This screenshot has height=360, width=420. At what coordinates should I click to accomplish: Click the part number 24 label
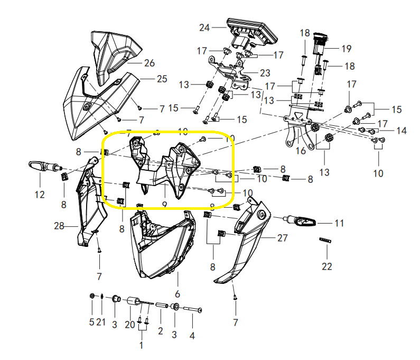pyautogui.click(x=204, y=27)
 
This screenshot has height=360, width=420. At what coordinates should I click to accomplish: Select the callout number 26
pyautogui.click(x=149, y=63)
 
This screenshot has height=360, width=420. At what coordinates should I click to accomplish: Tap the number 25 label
pyautogui.click(x=161, y=79)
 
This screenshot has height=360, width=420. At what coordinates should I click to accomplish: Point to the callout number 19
pyautogui.click(x=346, y=49)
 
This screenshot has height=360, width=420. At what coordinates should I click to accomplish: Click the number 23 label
pyautogui.click(x=265, y=72)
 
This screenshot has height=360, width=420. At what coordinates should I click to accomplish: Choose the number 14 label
pyautogui.click(x=401, y=130)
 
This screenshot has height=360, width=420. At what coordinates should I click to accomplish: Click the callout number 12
pyautogui.click(x=40, y=195)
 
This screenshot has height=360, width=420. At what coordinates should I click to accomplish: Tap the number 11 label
pyautogui.click(x=339, y=223)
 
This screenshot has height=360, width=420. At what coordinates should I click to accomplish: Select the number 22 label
pyautogui.click(x=327, y=266)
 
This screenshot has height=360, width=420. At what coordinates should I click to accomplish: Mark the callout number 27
pyautogui.click(x=283, y=238)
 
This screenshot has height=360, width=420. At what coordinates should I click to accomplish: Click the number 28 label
pyautogui.click(x=59, y=226)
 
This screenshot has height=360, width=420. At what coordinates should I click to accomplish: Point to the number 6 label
pyautogui.click(x=178, y=293)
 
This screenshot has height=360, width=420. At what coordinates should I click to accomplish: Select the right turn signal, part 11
pyautogui.click(x=301, y=220)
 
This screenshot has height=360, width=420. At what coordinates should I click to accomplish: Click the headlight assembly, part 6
pyautogui.click(x=161, y=246)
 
